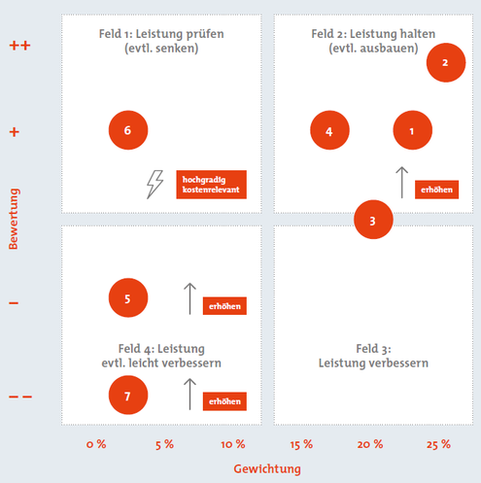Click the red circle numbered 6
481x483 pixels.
(x=128, y=130)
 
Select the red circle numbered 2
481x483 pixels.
(x=446, y=62)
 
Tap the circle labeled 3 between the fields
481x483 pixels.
(x=373, y=220)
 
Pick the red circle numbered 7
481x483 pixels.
(x=128, y=395)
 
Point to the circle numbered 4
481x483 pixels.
(x=329, y=130)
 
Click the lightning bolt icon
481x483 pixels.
(x=155, y=184)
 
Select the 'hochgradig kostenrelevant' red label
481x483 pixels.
(x=211, y=185)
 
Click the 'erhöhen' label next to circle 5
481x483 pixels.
(x=224, y=306)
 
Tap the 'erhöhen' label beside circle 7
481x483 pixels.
(x=224, y=401)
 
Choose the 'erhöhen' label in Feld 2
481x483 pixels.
(x=436, y=190)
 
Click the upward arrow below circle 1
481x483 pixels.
(x=402, y=183)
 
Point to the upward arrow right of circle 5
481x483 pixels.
(x=189, y=298)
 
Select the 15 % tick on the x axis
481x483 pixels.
(x=301, y=444)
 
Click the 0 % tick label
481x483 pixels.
(x=96, y=444)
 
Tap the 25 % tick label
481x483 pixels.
(x=438, y=444)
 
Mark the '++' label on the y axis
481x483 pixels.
(x=19, y=45)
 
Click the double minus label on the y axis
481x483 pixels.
(x=20, y=397)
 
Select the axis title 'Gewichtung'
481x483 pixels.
(x=267, y=469)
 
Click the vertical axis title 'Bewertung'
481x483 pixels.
(x=14, y=219)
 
